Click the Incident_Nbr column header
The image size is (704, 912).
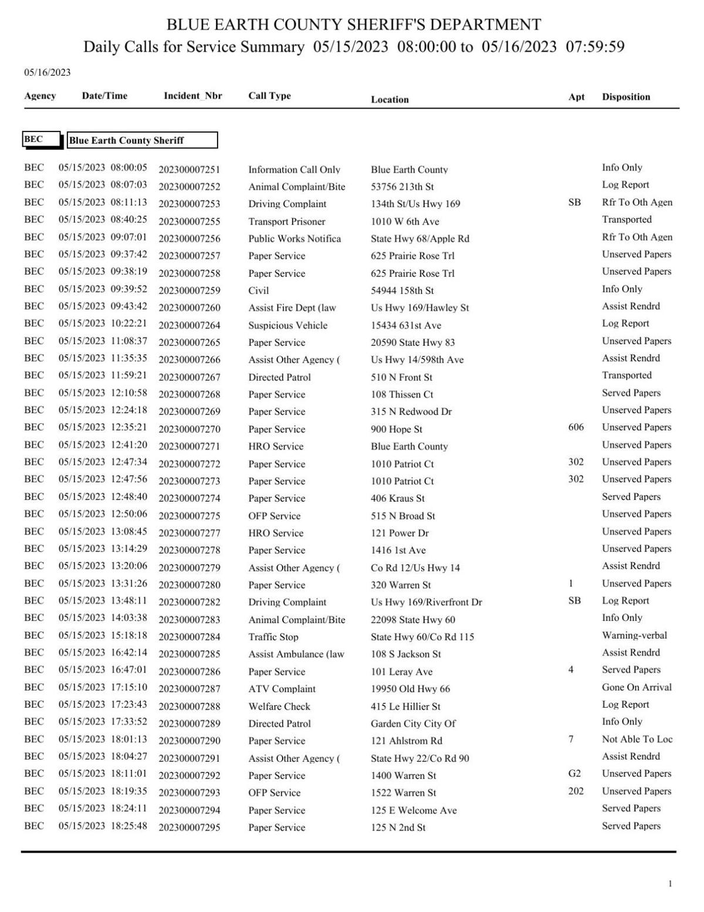(192, 96)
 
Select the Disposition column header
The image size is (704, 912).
(625, 97)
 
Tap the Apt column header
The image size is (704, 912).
(576, 97)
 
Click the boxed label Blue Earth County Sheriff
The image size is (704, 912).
(142, 140)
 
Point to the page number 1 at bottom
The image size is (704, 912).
(670, 883)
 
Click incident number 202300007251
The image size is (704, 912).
(189, 170)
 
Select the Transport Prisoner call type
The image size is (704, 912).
(286, 221)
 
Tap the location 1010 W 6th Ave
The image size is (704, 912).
(404, 221)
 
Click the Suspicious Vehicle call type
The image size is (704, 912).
(287, 325)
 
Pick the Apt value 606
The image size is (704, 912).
(576, 427)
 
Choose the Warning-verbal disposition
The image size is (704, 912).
(634, 635)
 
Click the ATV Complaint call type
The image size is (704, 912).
(282, 689)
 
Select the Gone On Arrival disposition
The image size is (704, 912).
(637, 687)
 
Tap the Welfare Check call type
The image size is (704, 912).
(279, 707)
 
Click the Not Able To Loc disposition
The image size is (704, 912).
(637, 739)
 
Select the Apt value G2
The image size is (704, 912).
(574, 773)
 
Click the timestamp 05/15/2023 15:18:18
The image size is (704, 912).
(103, 635)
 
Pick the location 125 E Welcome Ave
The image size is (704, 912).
(413, 810)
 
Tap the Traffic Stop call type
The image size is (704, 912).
(273, 637)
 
